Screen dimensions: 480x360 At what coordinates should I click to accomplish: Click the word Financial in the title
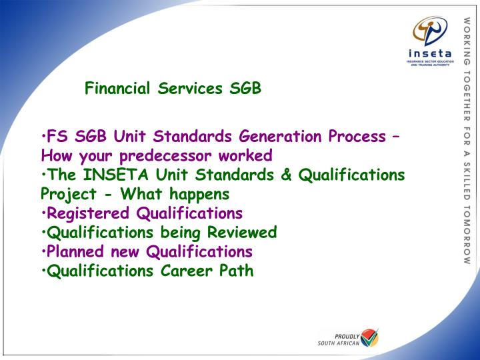click(117, 88)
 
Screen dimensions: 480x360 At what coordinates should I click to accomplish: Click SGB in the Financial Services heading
click(245, 88)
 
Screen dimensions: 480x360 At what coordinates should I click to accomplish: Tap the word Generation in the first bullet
click(280, 136)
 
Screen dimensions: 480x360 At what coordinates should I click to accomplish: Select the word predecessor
click(165, 156)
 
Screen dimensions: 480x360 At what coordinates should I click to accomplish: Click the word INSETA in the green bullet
click(115, 175)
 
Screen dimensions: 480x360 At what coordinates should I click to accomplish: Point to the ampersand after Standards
click(285, 175)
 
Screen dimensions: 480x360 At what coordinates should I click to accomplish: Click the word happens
click(199, 195)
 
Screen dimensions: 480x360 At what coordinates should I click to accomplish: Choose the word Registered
click(88, 213)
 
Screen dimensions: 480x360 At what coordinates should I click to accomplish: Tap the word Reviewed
click(242, 232)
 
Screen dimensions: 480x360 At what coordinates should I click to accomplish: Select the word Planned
click(75, 251)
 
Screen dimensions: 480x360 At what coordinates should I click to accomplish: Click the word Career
click(187, 271)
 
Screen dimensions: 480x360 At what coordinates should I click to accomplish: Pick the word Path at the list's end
click(236, 271)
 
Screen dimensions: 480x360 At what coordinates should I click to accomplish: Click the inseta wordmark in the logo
click(430, 53)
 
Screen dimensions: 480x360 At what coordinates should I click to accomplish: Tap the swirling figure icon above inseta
click(430, 31)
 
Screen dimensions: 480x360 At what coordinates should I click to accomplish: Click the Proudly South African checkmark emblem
click(369, 337)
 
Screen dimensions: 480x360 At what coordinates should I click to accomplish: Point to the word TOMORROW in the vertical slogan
click(467, 235)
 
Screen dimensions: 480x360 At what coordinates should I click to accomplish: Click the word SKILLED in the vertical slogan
click(467, 181)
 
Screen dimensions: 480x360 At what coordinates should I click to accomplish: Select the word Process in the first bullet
click(357, 136)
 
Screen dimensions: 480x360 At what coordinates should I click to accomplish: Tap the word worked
click(245, 155)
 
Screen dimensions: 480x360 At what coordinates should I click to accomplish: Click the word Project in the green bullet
click(69, 195)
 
